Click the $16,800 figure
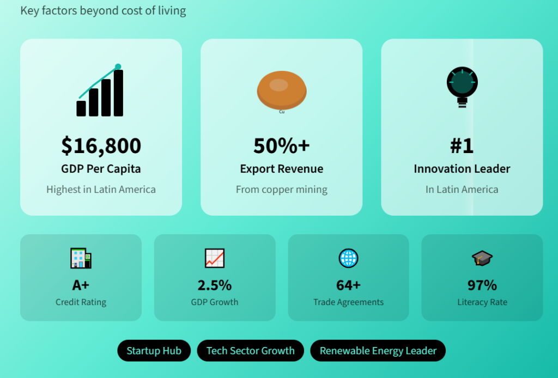point(101,146)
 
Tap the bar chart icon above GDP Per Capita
point(100,90)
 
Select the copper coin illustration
point(282,90)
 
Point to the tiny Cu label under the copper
point(282,112)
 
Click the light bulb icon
point(462,87)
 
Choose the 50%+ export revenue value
point(282,146)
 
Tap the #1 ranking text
point(462,146)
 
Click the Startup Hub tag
point(154,351)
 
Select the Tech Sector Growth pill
point(251,351)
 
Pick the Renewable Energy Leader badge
point(378,351)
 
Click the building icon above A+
point(81,258)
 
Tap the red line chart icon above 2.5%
point(215,258)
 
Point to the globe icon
point(348,258)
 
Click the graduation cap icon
point(482,258)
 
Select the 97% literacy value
point(482,285)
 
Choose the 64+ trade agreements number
point(348,285)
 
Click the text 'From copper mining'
point(282,190)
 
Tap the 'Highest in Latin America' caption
point(101,190)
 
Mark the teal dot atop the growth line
point(118,66)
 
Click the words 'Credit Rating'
point(81,302)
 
